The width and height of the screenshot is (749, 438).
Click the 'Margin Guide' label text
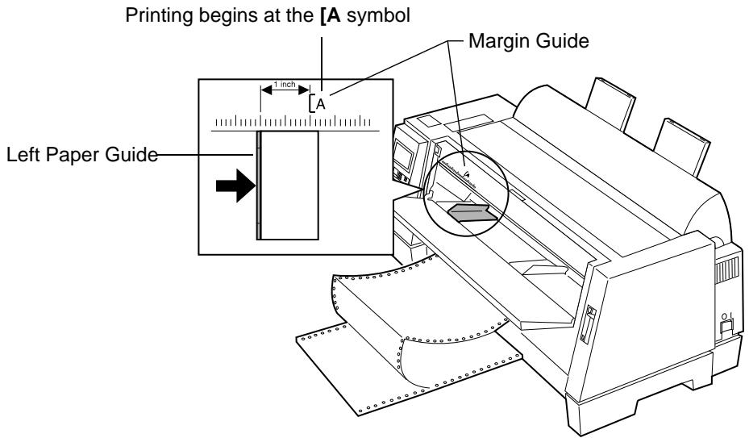coord(528,41)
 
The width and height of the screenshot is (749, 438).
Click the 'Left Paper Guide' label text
coord(81,155)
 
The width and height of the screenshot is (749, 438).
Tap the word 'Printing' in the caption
coord(160,16)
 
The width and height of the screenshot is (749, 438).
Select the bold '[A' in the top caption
coord(331,16)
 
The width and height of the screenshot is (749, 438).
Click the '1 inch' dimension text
coord(285,85)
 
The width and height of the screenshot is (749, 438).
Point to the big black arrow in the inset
coord(236,185)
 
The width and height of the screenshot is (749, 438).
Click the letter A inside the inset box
coord(321,104)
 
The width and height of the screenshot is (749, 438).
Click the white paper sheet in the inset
coord(289,185)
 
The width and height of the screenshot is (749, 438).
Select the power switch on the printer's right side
coord(727,327)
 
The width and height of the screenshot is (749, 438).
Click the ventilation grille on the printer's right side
coord(726,270)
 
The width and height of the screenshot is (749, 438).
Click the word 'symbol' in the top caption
coord(378,16)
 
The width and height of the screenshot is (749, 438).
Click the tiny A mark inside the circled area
coord(468,174)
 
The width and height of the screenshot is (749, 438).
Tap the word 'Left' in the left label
coord(23,155)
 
